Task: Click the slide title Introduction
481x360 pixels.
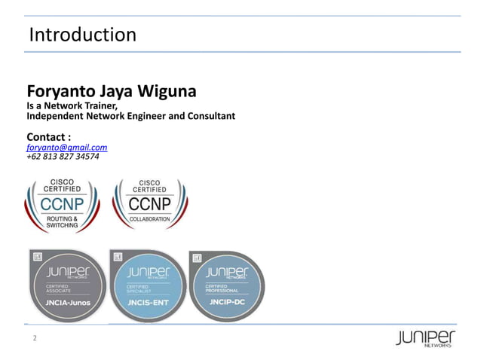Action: (82, 35)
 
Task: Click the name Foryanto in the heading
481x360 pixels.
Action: (59, 92)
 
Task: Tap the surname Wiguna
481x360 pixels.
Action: (167, 92)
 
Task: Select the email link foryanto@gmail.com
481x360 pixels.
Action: (66, 148)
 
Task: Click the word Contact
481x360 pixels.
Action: (47, 136)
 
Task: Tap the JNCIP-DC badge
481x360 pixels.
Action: (227, 285)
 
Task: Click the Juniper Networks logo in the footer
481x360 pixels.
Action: (425, 339)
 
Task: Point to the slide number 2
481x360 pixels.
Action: (33, 339)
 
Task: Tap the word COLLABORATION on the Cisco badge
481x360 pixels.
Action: (150, 218)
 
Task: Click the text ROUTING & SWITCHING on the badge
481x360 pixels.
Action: (62, 221)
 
